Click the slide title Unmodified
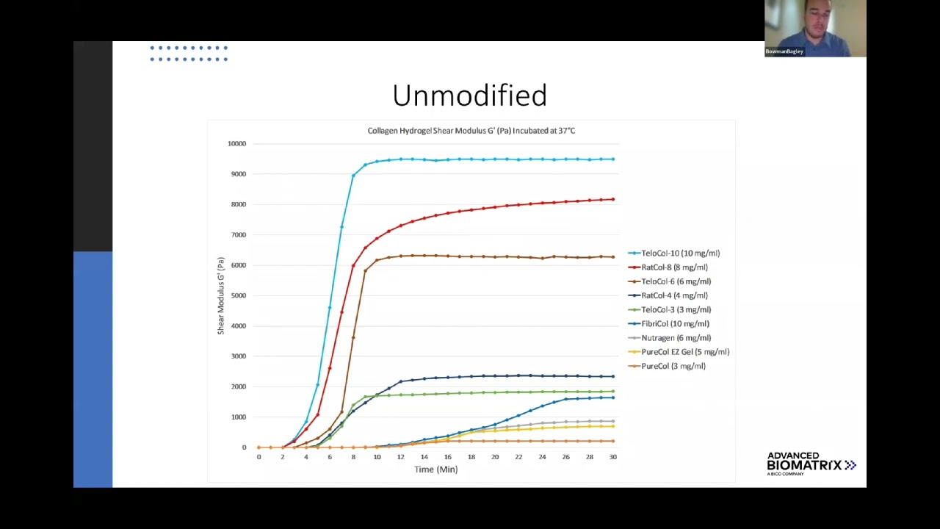[x=469, y=96]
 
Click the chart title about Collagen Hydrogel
[x=471, y=131]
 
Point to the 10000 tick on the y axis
[x=236, y=144]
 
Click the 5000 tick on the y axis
[x=238, y=296]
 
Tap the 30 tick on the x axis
[x=612, y=457]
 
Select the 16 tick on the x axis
[x=447, y=457]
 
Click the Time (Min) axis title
[x=435, y=469]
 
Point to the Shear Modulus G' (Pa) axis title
[x=220, y=295]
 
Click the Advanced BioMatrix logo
[x=811, y=464]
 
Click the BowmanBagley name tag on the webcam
[x=784, y=51]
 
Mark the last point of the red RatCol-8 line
[x=612, y=199]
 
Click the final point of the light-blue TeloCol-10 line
[x=612, y=159]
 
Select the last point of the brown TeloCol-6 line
[x=612, y=257]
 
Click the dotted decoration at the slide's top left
[x=189, y=54]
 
